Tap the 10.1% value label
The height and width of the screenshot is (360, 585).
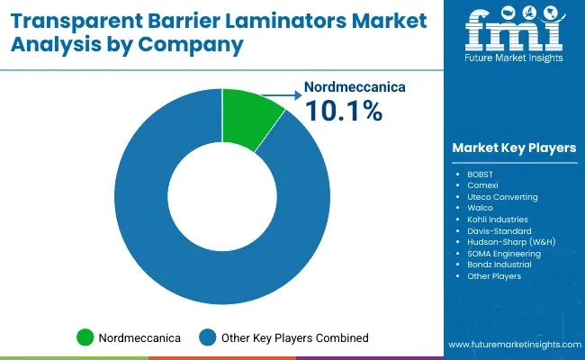[x=344, y=112]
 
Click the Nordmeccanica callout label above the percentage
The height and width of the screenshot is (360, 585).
[x=355, y=87]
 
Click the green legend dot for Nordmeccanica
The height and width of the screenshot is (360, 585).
[x=85, y=337]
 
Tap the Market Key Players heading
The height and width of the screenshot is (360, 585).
[x=514, y=148]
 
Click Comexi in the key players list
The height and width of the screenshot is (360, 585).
[x=482, y=184]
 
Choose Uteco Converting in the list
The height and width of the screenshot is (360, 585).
[x=502, y=195]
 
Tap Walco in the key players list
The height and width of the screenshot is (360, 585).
[x=481, y=207]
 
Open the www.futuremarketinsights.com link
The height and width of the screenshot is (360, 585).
[x=513, y=345]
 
